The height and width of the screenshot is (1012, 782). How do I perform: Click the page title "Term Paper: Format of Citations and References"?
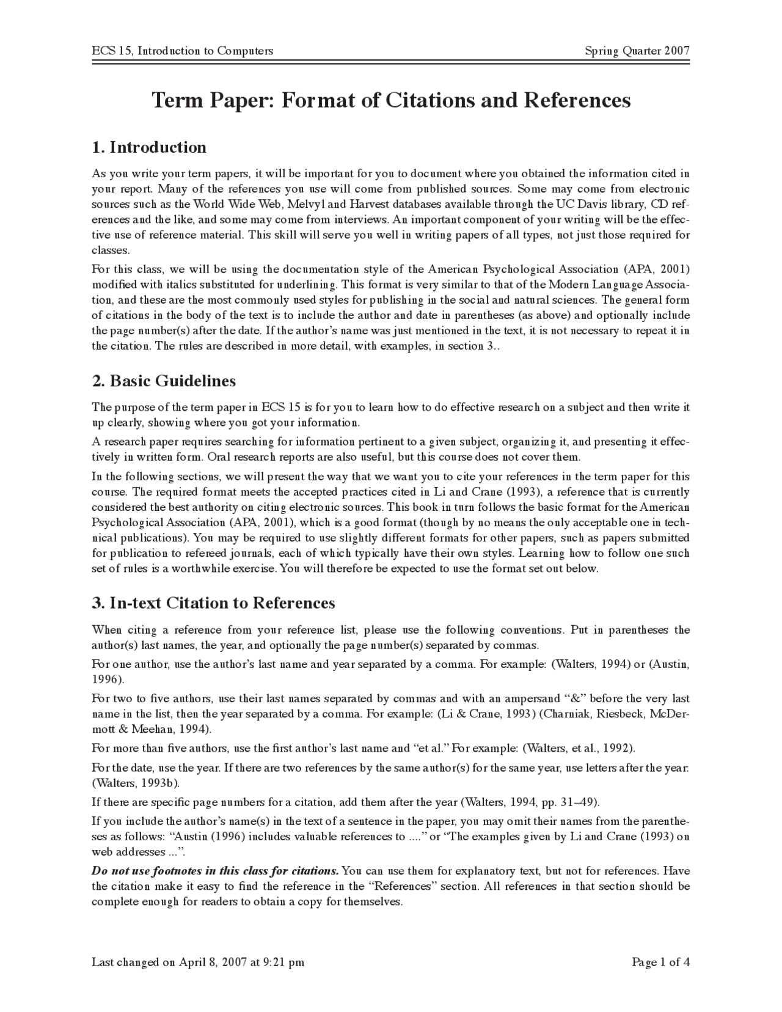click(391, 100)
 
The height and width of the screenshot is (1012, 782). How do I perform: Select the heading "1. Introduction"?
click(149, 147)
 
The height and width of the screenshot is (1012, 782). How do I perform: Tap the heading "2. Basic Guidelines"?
click(164, 381)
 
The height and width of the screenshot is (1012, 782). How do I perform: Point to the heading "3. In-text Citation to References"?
click(213, 603)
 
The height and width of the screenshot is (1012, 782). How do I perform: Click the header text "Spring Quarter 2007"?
click(637, 51)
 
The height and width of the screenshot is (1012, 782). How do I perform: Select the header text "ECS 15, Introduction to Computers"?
click(182, 51)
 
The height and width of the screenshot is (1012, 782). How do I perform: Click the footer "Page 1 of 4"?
click(661, 963)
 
